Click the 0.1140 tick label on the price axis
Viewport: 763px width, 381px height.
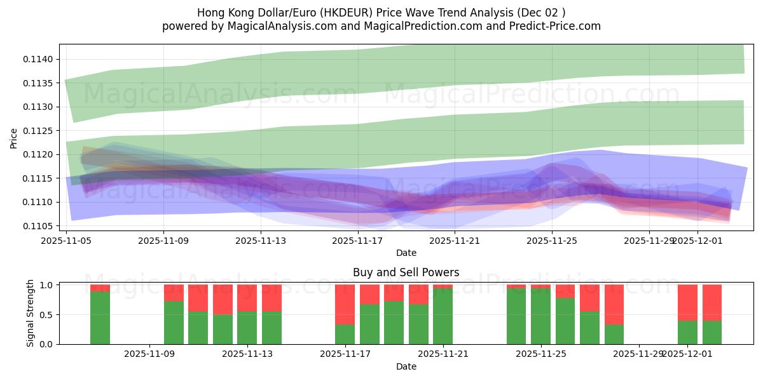40,59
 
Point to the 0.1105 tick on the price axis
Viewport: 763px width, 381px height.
40,226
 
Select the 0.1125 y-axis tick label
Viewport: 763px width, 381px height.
40,131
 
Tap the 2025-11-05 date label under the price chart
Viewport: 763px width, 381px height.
66,241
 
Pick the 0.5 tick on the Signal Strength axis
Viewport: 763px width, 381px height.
46,315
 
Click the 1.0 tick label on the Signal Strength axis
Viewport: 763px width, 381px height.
46,285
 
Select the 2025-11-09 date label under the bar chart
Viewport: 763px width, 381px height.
149,354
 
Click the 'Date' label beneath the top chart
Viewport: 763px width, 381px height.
406,253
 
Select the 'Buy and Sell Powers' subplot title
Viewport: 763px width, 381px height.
406,273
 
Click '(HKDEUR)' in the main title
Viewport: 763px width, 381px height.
337,13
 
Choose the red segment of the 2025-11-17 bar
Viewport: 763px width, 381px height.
345,304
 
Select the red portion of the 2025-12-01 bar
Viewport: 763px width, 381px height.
687,302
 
